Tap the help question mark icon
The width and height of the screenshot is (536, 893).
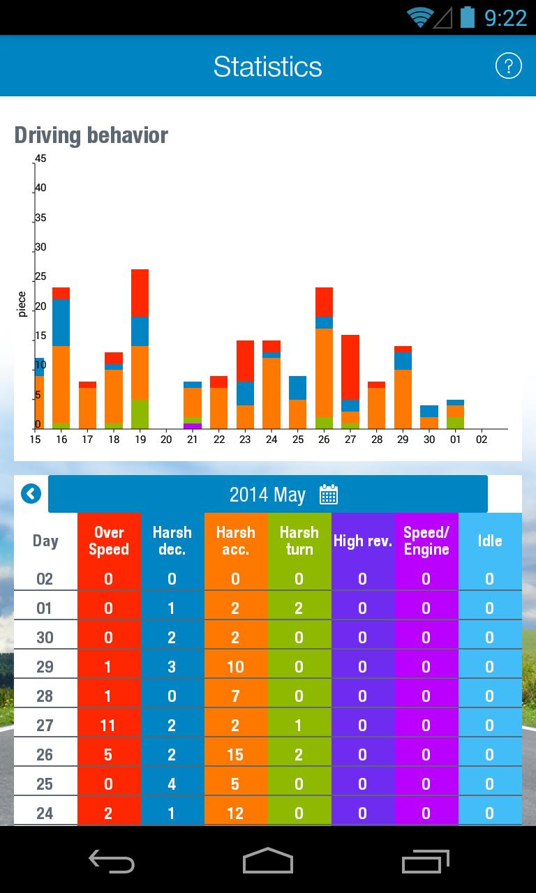(x=508, y=66)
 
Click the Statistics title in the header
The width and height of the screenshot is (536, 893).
(x=267, y=67)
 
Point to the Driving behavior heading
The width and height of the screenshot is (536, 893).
(x=91, y=135)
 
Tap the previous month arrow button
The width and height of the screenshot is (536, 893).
(x=31, y=494)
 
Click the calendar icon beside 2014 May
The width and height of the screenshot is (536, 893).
(x=329, y=495)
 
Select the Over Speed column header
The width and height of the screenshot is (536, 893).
(x=109, y=541)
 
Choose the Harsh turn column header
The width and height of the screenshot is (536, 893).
(x=299, y=541)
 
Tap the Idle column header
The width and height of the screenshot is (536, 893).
(x=490, y=541)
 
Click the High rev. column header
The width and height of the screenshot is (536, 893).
(x=363, y=541)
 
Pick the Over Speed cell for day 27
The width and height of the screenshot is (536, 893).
(x=109, y=725)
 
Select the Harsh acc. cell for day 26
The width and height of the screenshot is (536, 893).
(x=236, y=754)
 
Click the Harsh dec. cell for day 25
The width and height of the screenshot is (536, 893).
(x=172, y=783)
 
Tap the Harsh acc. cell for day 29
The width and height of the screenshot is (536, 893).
(x=236, y=666)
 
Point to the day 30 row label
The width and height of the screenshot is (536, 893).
(x=45, y=637)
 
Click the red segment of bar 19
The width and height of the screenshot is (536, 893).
(x=140, y=293)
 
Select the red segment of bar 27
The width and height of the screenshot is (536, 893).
(x=350, y=367)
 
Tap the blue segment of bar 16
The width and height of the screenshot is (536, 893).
(x=61, y=322)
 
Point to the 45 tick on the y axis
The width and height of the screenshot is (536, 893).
(x=41, y=158)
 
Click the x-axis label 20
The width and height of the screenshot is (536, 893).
(x=166, y=440)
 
